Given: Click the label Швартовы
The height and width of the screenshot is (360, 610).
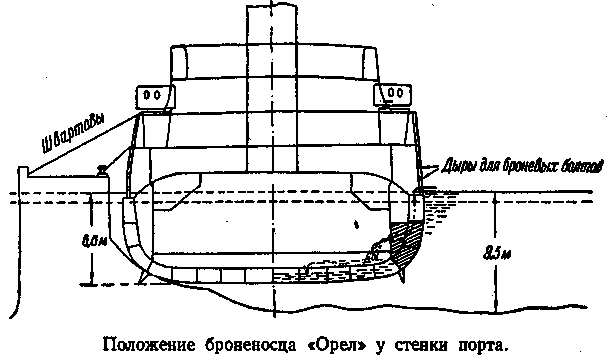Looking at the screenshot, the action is (73, 133).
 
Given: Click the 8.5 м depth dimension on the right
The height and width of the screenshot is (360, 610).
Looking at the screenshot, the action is (496, 254).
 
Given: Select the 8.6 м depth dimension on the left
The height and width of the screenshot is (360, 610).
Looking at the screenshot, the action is (94, 241).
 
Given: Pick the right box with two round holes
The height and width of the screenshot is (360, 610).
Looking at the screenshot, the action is (392, 94).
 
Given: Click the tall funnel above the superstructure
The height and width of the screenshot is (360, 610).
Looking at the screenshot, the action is (272, 86).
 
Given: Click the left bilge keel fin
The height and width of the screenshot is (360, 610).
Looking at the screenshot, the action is (142, 276).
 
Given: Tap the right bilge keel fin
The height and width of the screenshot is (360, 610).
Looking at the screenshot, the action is (401, 275).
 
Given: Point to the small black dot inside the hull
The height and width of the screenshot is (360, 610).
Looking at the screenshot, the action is (356, 224).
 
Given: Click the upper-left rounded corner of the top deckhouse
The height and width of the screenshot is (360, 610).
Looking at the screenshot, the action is (174, 47).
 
